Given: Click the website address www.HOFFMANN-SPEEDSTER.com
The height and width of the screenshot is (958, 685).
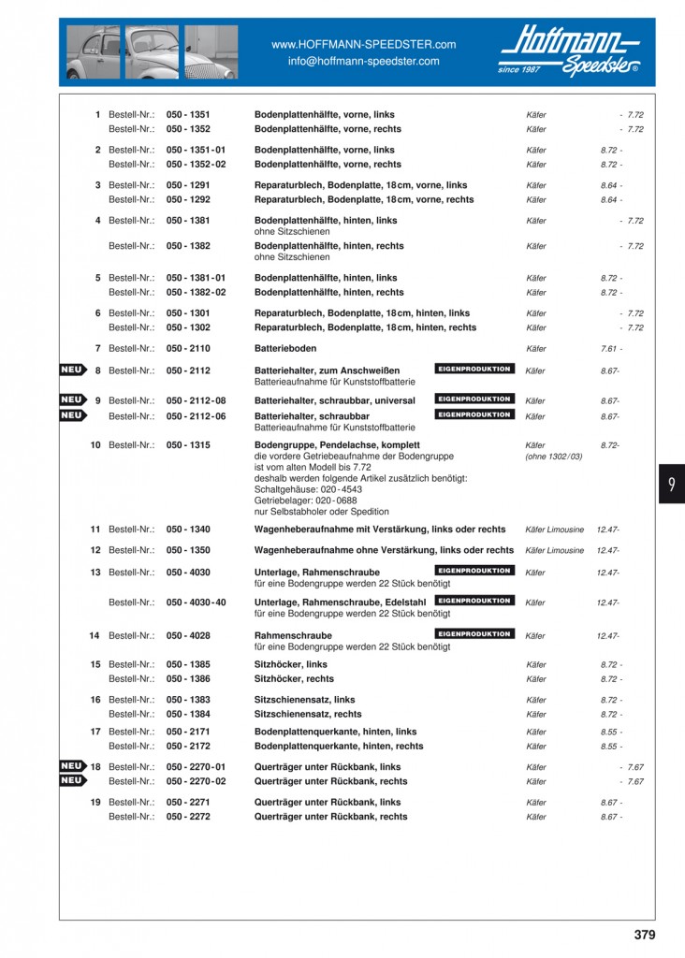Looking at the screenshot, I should [x=363, y=44].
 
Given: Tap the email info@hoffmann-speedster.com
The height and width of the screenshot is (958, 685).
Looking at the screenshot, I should [x=363, y=61].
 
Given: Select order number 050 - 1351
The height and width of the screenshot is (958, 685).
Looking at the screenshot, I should [x=188, y=114].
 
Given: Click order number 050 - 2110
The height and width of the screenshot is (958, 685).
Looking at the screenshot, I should [x=188, y=348].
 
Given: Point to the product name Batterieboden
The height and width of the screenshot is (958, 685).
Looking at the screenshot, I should [x=290, y=348].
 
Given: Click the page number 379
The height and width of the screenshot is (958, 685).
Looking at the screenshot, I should [x=644, y=935].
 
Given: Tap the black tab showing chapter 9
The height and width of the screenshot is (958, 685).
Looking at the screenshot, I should [x=671, y=484].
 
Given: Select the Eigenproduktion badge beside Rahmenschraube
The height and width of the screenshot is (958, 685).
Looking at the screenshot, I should [x=474, y=634].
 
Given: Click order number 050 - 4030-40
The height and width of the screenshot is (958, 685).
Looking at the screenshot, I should [x=197, y=602].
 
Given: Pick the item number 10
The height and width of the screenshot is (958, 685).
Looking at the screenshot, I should [x=95, y=445].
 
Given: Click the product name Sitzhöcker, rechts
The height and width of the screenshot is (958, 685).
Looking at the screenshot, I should [x=294, y=679].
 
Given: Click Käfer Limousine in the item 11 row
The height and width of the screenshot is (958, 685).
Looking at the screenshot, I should [x=554, y=530].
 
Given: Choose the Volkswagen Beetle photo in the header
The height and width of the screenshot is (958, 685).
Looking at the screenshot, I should [x=149, y=52].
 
